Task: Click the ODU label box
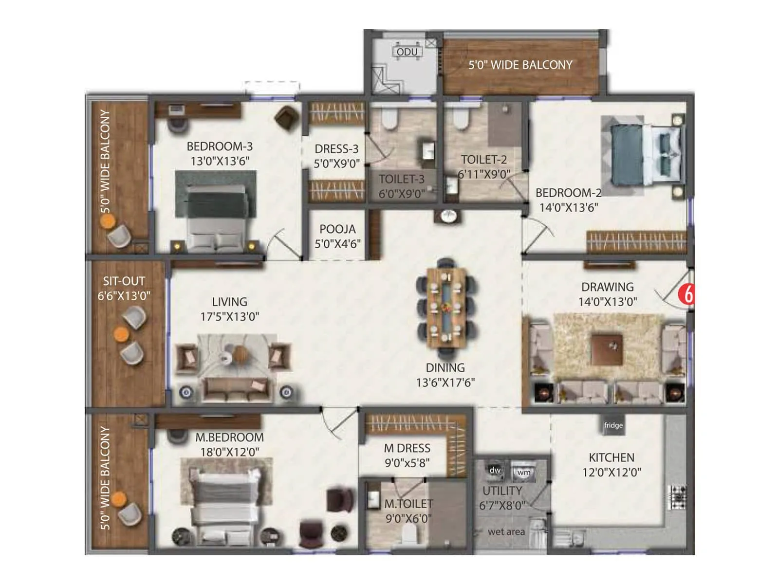click(x=407, y=52)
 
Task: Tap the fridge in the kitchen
click(x=613, y=425)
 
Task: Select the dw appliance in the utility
click(x=495, y=470)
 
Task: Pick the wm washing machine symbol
click(x=523, y=472)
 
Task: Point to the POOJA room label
click(x=337, y=229)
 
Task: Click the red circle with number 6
click(x=688, y=294)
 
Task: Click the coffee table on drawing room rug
click(x=607, y=349)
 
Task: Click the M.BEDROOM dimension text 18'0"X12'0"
click(x=229, y=452)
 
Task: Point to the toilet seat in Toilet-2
click(x=460, y=119)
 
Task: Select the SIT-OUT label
click(x=124, y=281)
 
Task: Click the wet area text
click(x=506, y=532)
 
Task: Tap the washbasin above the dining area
click(x=448, y=216)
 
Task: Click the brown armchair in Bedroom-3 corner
click(x=286, y=118)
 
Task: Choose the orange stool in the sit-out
click(x=121, y=334)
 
